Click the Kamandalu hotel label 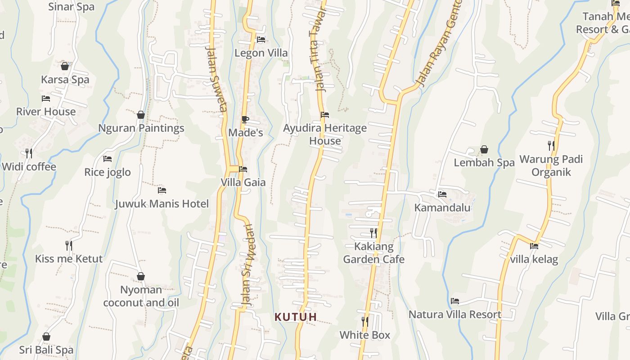coord(442,207)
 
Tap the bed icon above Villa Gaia coord(243,169)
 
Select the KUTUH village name coord(296,317)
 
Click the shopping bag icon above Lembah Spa coord(484,149)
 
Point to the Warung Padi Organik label coord(551,166)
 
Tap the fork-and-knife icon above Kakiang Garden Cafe coord(373,233)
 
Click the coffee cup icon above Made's coord(245,119)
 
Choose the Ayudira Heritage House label coord(325,135)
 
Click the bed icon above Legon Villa coord(261,40)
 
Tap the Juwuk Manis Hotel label coord(162,204)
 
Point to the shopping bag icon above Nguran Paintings coord(141,115)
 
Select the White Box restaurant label coord(365,335)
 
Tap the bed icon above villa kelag coord(534,246)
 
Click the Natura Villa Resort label coord(455,314)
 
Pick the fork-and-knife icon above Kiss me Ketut coord(69,246)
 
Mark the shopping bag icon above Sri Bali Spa coord(46,337)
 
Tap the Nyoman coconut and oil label coord(141,296)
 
